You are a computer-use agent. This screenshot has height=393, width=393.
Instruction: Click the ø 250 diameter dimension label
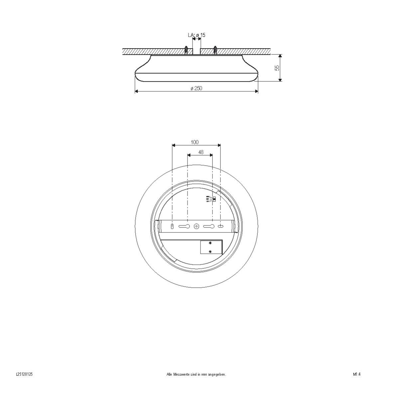pyautogui.click(x=196, y=88)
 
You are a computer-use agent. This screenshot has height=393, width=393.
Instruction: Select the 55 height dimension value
pyautogui.click(x=277, y=68)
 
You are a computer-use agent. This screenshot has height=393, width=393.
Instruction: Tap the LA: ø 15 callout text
pyautogui.click(x=196, y=35)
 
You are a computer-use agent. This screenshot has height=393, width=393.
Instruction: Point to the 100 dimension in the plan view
pyautogui.click(x=195, y=142)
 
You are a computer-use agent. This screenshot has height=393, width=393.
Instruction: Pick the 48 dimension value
pyautogui.click(x=200, y=152)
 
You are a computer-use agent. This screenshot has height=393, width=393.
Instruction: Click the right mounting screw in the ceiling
pyautogui.click(x=215, y=50)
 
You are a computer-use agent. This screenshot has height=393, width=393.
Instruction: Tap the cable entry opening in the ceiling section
pyautogui.click(x=196, y=50)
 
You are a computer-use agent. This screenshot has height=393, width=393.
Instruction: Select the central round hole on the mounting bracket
pyautogui.click(x=196, y=226)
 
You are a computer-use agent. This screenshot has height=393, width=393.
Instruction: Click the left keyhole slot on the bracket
pyautogui.click(x=184, y=226)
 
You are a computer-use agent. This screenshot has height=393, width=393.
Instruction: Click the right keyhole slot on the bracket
pyautogui.click(x=209, y=226)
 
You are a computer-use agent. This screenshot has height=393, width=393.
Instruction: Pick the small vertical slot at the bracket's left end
pyautogui.click(x=172, y=226)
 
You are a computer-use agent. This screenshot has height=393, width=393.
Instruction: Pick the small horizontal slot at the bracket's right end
pyautogui.click(x=220, y=226)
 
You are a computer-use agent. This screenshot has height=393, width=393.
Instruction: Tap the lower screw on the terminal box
pyautogui.click(x=210, y=251)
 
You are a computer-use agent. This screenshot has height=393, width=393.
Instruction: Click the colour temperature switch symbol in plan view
pyautogui.click(x=211, y=199)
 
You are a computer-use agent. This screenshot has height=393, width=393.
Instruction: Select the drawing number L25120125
pyautogui.click(x=24, y=374)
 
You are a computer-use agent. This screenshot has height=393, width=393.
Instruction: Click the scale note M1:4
pyautogui.click(x=357, y=374)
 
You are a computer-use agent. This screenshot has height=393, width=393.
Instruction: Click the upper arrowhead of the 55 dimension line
pyautogui.click(x=280, y=56)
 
